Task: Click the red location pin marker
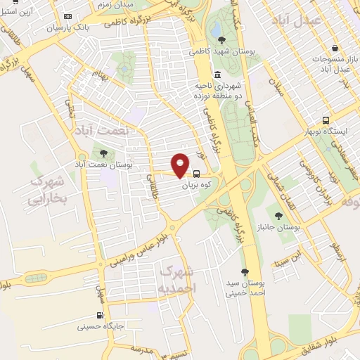click(180, 165)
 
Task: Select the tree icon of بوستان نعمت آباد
click(104, 153)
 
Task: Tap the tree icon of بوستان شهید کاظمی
click(221, 39)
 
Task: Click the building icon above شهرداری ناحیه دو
click(217, 75)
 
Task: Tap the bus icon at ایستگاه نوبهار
click(324, 120)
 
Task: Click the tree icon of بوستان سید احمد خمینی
click(245, 272)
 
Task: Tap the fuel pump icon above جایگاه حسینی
click(101, 314)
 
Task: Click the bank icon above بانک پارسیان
click(67, 16)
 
